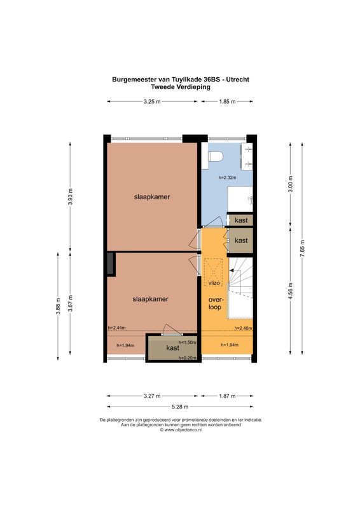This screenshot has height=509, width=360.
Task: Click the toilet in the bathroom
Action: [x=214, y=155]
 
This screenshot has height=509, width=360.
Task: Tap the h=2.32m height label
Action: [x=226, y=178]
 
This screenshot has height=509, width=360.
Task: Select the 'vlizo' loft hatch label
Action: [x=213, y=282]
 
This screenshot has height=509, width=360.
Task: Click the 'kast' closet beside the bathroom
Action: [x=241, y=220]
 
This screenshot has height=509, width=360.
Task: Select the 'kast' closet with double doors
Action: [x=241, y=241]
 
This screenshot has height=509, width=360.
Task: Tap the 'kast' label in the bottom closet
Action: [x=172, y=348]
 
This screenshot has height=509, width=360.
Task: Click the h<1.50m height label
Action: [x=187, y=342]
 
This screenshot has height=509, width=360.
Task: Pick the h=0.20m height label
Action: [x=186, y=358]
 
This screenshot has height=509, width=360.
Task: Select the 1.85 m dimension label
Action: [x=227, y=101]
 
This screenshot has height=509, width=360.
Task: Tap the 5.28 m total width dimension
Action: [x=181, y=407]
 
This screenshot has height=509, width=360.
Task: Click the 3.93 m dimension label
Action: [x=71, y=197]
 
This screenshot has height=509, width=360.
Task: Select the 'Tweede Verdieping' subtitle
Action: [x=180, y=88]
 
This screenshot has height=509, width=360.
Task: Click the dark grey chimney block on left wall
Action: [x=111, y=263]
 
